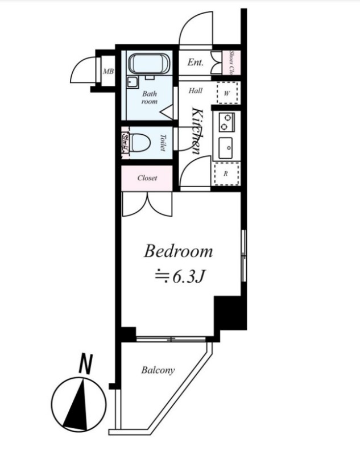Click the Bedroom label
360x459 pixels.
[179, 251]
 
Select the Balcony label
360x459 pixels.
[158, 370]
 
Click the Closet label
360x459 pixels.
[147, 178]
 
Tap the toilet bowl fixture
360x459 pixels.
[139, 142]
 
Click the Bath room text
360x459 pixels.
[150, 97]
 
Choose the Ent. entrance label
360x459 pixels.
[195, 63]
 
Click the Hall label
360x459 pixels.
[195, 90]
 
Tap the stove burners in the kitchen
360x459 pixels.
[227, 121]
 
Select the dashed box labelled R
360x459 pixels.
[226, 173]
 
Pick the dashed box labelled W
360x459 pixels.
[227, 92]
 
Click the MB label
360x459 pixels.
[107, 71]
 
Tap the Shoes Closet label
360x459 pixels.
[232, 63]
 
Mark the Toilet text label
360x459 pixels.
[162, 142]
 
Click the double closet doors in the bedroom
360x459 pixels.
[147, 205]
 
